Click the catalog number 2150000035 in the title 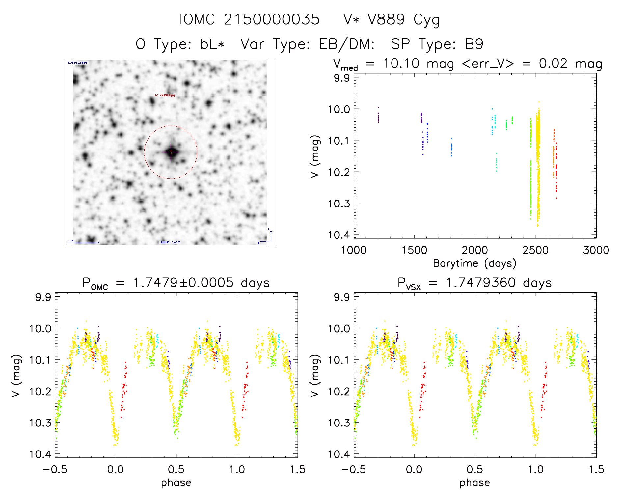272,19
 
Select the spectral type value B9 474,44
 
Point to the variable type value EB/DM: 347,44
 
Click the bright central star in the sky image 171,152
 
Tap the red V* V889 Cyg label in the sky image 165,96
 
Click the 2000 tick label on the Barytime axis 474,250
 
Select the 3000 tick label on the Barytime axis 596,250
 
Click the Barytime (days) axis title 474,263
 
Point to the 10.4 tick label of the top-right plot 338,235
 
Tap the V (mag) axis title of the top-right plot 315,156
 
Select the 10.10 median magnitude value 401,63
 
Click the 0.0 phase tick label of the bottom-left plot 116,470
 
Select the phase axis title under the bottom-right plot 474,483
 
